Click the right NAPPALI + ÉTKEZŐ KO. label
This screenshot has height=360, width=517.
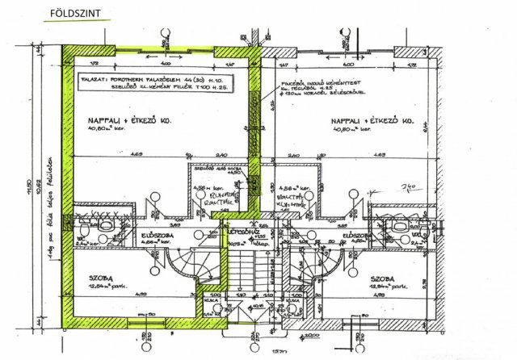click(372, 121)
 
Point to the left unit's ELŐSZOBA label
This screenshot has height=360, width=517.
click(157, 235)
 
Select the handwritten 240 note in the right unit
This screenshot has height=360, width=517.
click(407, 186)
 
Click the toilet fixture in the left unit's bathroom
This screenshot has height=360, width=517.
click(91, 228)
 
